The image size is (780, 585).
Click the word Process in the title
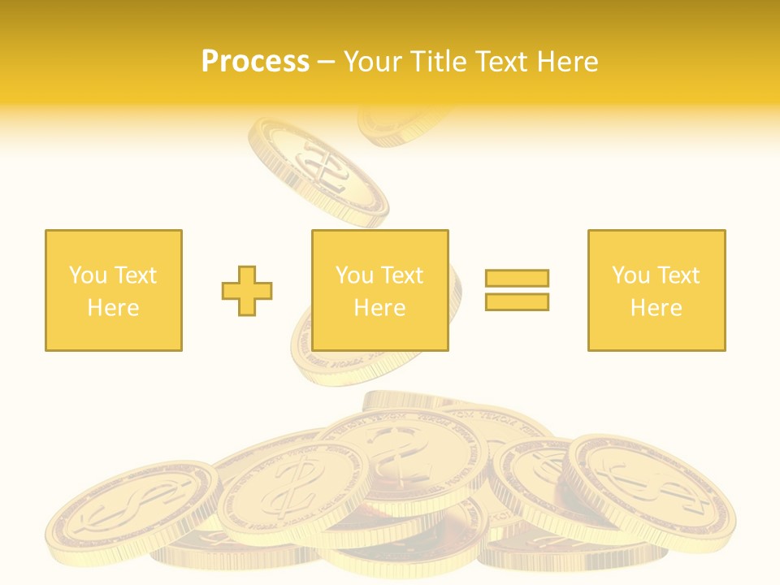255,62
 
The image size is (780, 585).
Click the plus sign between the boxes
247,290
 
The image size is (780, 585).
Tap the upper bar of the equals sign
517,278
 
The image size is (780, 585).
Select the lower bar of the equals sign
517,301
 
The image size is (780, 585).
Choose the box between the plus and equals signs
379,290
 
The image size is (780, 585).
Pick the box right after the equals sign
656,290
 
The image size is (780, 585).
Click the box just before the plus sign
113,290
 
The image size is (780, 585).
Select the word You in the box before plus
87,275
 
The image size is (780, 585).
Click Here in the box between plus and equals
379,308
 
